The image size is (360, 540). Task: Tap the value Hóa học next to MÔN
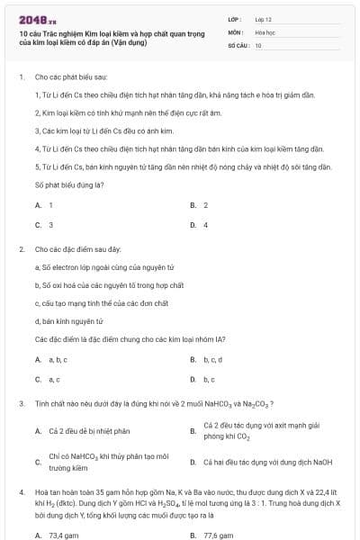(x=265, y=31)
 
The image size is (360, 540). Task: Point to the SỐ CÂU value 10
(x=258, y=44)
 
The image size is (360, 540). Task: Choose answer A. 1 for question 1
(x=44, y=205)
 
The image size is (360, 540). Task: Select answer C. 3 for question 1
(x=44, y=225)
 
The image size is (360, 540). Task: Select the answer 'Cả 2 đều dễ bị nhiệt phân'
(x=90, y=431)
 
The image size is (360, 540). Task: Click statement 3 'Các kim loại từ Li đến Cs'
(x=90, y=130)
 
